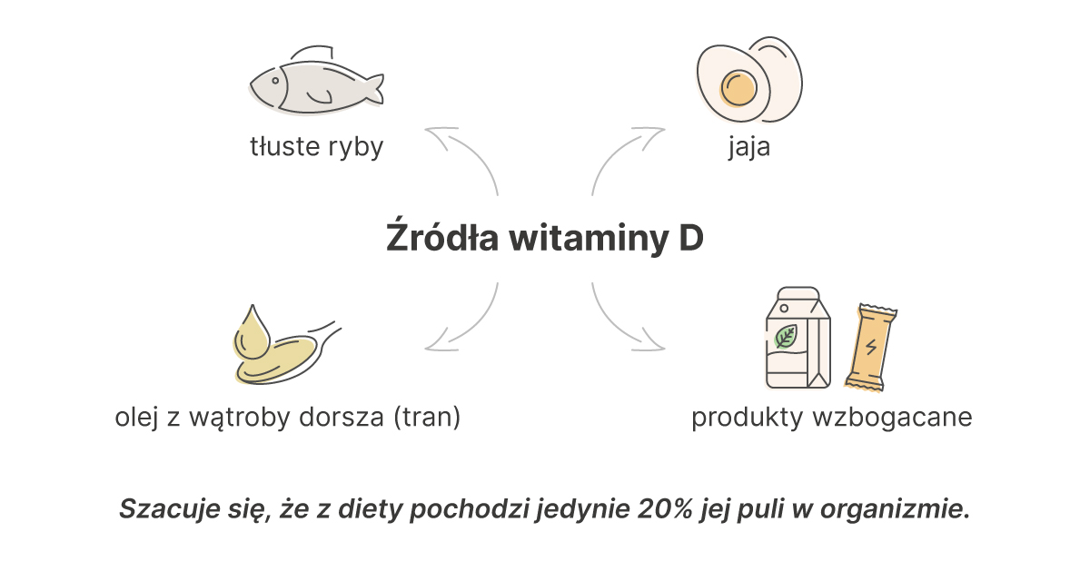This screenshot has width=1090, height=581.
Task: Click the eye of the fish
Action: pos(275,81)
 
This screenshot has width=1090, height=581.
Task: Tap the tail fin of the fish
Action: pos(372,89)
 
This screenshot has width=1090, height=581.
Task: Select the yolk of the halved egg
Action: pos(738,88)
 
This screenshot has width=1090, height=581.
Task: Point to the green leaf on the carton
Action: pos(785,336)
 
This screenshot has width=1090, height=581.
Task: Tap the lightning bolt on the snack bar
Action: pos(871,347)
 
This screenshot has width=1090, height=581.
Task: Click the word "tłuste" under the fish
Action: pos(284,146)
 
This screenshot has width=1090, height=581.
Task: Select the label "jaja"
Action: pos(749,147)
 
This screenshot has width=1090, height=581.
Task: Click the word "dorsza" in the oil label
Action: pos(342,418)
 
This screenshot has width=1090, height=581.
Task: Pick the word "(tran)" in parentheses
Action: pos(427,418)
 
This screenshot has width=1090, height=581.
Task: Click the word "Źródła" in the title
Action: pos(442,237)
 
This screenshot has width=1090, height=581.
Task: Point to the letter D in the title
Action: pos(691,238)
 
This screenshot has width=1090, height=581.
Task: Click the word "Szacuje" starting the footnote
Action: pos(169,509)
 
